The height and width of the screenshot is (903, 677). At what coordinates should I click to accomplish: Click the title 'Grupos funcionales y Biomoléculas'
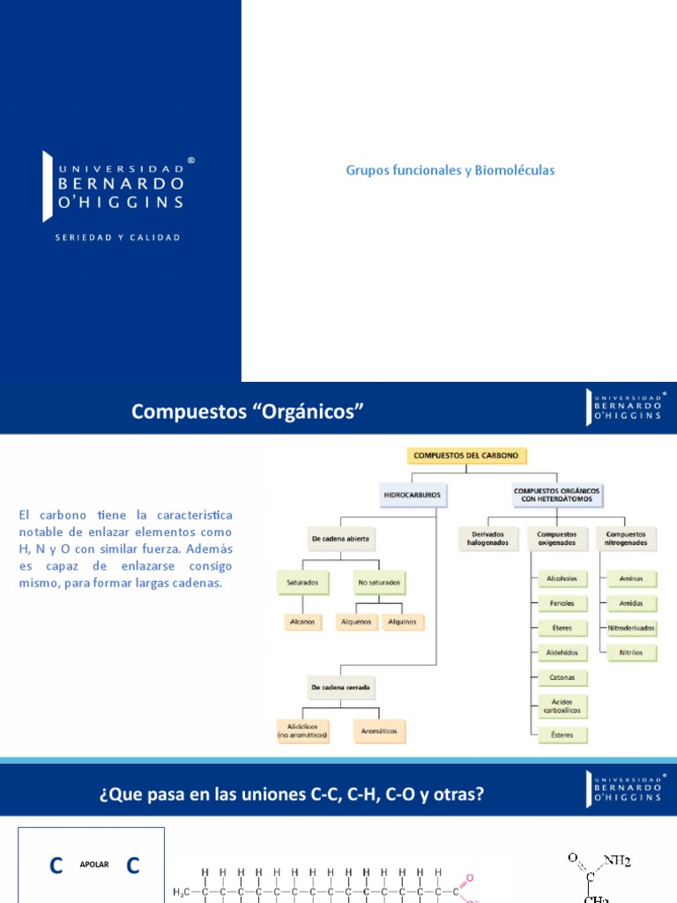pos(450,170)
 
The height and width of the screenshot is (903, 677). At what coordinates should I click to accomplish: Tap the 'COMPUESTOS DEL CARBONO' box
pos(467,456)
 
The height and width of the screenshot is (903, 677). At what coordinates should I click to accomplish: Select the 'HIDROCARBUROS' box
pos(413,496)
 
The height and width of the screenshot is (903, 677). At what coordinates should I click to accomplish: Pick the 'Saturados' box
pos(301,582)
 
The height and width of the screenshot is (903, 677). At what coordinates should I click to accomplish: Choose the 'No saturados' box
pos(378,582)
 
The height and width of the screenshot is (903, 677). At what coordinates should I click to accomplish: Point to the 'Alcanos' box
pos(301,622)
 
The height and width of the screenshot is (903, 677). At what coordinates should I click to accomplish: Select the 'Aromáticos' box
pos(378,731)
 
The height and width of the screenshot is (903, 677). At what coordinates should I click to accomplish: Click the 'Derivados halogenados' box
pos(487,538)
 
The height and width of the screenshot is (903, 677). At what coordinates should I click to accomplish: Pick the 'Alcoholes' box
pos(562,578)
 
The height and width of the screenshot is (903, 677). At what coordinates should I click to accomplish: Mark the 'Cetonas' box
pos(562,677)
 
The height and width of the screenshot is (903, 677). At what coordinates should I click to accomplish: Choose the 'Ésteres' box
pos(562,734)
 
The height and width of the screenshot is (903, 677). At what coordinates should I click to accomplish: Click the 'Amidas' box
pos(631,603)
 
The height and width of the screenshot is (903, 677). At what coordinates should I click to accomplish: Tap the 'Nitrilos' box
pos(631,653)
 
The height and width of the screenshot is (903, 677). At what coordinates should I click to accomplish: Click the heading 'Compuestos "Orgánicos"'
pos(248,411)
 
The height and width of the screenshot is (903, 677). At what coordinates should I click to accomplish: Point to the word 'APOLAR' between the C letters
pos(95,864)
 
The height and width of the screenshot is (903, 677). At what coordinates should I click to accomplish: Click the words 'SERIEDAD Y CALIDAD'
pos(117,237)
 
